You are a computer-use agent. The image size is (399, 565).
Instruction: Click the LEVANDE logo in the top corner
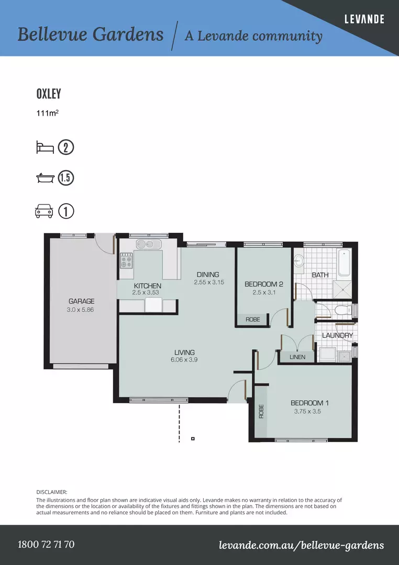[x=364, y=19]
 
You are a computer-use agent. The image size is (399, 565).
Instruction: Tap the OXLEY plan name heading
[x=49, y=94]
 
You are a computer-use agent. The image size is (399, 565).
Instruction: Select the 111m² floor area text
[x=47, y=113]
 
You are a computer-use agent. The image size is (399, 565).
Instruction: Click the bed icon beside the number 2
[x=45, y=148]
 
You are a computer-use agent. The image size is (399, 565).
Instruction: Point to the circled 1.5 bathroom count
[x=66, y=178]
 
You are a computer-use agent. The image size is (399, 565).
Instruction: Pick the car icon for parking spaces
[x=44, y=211]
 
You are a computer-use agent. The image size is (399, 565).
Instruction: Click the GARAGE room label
[x=82, y=301]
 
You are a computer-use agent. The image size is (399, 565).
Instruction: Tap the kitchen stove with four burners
[x=126, y=260]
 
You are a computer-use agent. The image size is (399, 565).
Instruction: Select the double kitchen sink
[x=149, y=244]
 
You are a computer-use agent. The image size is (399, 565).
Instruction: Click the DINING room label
[x=208, y=275]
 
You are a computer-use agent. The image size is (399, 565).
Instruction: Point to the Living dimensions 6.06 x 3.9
[x=184, y=359]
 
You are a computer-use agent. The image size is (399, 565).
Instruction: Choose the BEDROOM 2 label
[x=264, y=284]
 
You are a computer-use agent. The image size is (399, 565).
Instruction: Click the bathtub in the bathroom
[x=344, y=262]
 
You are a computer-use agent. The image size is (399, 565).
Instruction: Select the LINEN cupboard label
[x=297, y=357]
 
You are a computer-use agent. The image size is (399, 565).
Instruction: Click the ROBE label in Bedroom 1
[x=262, y=412]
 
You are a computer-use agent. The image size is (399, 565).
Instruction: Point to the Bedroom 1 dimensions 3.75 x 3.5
[x=307, y=411]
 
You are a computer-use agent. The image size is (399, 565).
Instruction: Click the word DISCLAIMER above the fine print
[x=52, y=492]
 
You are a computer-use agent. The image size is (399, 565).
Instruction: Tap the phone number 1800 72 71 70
[x=46, y=544]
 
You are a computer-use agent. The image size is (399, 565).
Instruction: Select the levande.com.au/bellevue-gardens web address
[x=301, y=545]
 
